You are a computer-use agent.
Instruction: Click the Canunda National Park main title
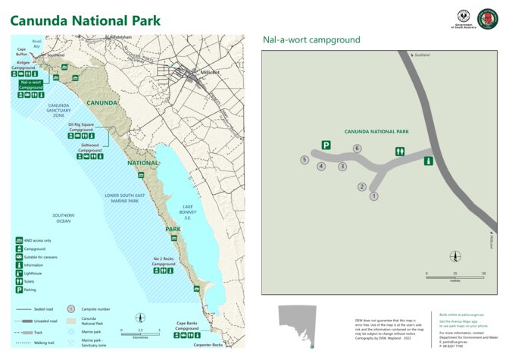pos(85,20)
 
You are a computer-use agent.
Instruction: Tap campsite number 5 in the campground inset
pos(304,160)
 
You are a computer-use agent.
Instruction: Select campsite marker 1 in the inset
pos(373,196)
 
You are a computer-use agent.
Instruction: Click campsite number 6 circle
pos(357,149)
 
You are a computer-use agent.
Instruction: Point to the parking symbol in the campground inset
pos(326,145)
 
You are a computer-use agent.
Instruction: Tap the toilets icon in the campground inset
pos(400,151)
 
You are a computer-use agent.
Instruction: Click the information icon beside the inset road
pos(428,160)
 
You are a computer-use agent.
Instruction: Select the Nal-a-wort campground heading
pos(311,40)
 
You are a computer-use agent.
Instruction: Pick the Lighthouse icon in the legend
pos(18,273)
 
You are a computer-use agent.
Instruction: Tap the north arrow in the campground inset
pos(455,257)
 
